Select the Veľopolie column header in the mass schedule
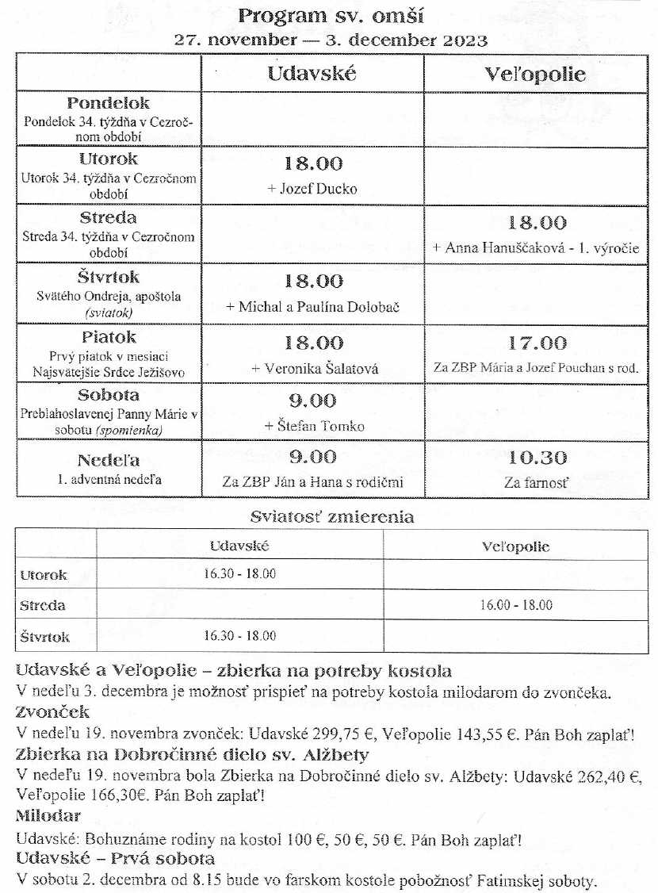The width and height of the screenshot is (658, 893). (x=535, y=75)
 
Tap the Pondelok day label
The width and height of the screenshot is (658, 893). (x=109, y=103)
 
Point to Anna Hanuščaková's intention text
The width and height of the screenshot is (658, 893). (x=535, y=248)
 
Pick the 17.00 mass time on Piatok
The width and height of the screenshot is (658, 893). (x=537, y=343)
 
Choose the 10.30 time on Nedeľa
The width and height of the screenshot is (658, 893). (x=537, y=458)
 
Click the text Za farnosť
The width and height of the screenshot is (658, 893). (x=537, y=482)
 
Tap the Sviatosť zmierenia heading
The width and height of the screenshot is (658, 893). (x=331, y=517)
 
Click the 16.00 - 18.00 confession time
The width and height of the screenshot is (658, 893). (x=516, y=605)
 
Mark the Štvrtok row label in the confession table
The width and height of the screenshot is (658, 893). (x=44, y=637)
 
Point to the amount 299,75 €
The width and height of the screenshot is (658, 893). (x=335, y=734)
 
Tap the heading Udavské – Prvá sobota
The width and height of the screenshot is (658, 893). (x=116, y=859)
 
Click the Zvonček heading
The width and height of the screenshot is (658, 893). (x=52, y=712)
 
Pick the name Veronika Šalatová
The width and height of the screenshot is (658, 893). (x=315, y=368)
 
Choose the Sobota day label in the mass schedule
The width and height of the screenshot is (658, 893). (x=109, y=395)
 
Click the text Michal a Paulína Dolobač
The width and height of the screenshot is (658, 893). (x=314, y=307)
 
